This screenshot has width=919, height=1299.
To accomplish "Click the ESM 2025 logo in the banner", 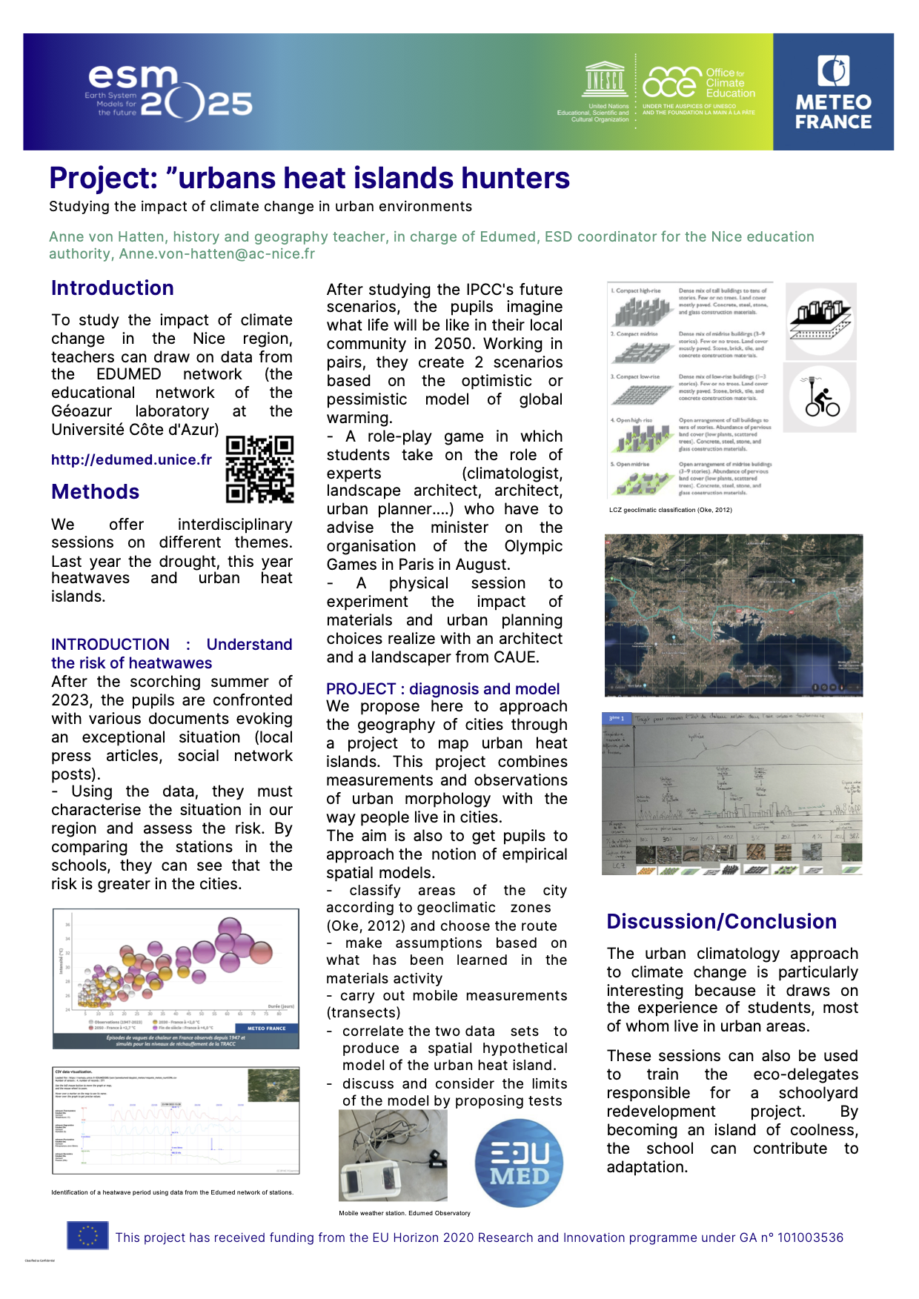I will point(169,93).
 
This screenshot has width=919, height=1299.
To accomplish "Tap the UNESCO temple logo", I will point(605,79).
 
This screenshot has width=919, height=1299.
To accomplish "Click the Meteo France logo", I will point(833,92).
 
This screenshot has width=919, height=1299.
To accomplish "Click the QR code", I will point(259,469).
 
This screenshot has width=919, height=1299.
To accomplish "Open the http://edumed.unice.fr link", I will point(131,459).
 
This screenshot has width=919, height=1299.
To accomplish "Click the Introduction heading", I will point(113,288).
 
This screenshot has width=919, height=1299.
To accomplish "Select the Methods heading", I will point(96,492).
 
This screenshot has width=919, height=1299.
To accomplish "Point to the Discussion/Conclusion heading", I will point(721,922).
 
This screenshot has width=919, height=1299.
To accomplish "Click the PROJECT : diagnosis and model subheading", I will point(442,689).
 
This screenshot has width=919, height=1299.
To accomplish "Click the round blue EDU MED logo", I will point(519,1163).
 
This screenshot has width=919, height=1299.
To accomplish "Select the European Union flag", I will point(87,1235).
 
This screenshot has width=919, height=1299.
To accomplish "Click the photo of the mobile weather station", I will point(393,1155).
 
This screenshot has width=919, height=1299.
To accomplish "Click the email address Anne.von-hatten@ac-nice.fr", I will point(217,254).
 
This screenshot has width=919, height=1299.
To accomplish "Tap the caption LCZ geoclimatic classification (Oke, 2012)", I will point(670,510).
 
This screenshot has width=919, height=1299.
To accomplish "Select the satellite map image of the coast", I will point(733,615).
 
